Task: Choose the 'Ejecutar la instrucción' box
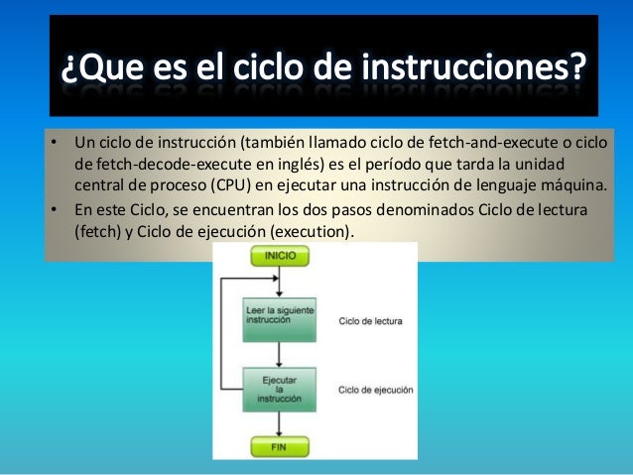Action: (x=280, y=387)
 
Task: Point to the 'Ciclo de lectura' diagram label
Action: (x=370, y=321)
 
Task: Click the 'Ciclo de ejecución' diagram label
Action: (x=376, y=391)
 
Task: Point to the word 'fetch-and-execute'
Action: (x=488, y=140)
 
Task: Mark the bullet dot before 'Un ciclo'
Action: (x=56, y=140)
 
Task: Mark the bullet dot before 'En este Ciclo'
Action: (x=56, y=209)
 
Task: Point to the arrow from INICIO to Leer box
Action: (x=280, y=283)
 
